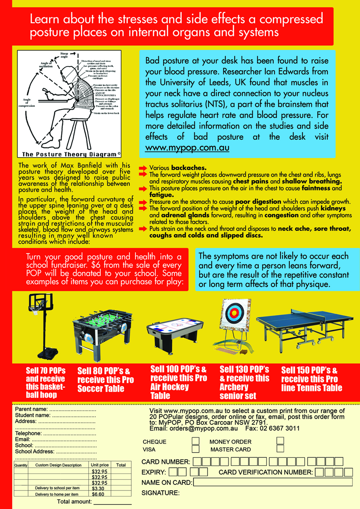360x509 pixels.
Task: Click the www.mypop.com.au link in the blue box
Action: [187, 148]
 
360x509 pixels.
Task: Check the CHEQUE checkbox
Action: [196, 441]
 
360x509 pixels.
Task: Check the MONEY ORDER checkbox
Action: [280, 441]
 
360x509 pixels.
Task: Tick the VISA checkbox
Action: [196, 449]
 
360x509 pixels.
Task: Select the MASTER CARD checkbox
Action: [280, 449]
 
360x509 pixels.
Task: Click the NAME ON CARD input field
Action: [273, 482]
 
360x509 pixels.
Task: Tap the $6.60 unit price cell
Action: [98, 494]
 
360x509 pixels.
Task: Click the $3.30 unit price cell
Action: [98, 488]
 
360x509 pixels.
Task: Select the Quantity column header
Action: [21, 465]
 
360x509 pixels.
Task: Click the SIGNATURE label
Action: [160, 492]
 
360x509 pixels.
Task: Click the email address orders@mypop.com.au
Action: [197, 429]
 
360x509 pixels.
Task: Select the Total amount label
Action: [75, 502]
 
